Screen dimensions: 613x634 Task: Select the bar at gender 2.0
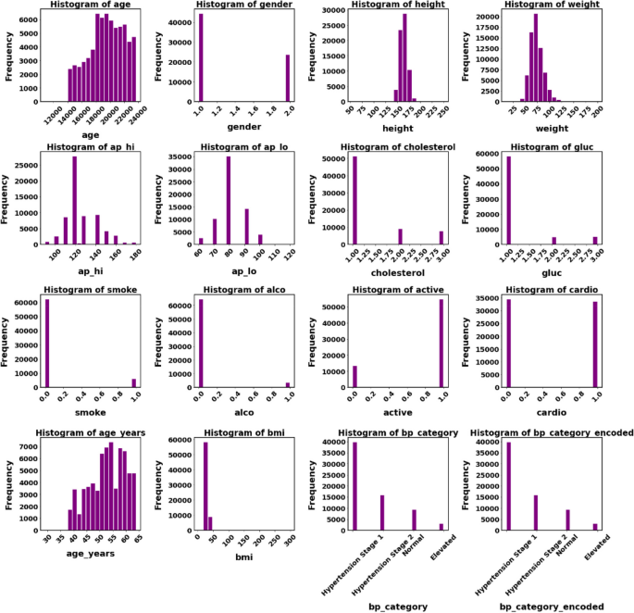287,79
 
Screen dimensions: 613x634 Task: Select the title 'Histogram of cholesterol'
399,147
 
